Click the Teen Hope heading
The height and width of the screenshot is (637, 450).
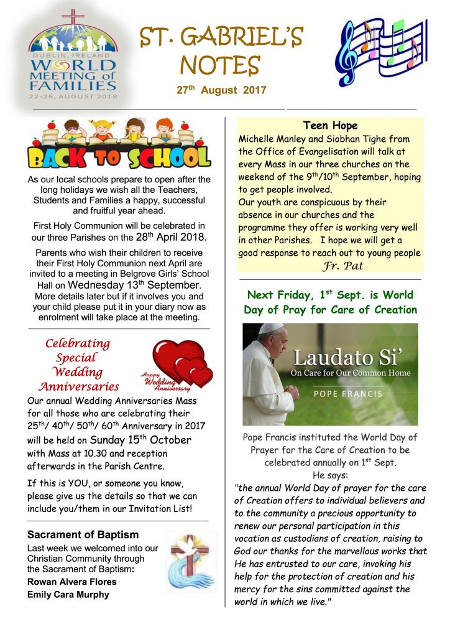click(x=330, y=126)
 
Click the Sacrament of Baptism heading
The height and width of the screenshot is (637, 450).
click(x=83, y=535)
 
